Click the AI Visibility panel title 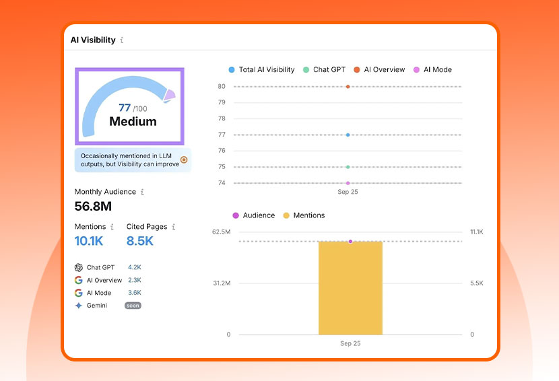tap(93, 40)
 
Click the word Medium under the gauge tap(133, 122)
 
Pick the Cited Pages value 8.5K tap(140, 241)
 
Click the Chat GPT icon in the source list tap(79, 267)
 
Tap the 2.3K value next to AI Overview tap(135, 280)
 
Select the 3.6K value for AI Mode tap(135, 293)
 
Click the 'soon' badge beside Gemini tap(133, 306)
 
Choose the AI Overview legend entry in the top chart tap(379, 69)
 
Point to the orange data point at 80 tap(348, 86)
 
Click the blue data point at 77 tap(348, 135)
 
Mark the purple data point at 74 tap(348, 183)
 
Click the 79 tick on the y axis tap(222, 102)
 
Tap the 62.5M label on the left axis tap(221, 232)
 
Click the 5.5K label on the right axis tap(477, 283)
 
